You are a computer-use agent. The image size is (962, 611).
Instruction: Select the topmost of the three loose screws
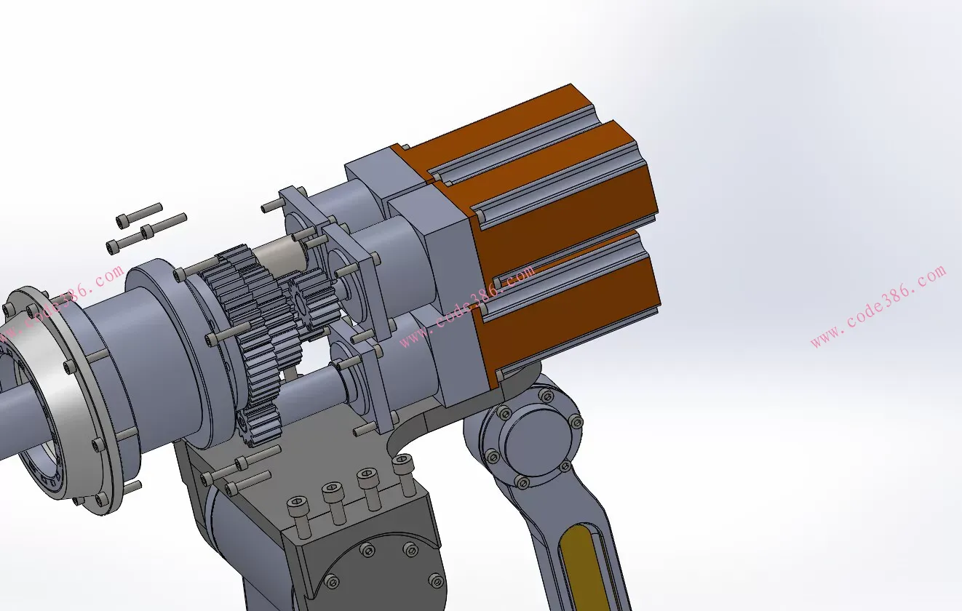[x=139, y=215]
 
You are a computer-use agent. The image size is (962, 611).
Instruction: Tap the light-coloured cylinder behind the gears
[x=282, y=257]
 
